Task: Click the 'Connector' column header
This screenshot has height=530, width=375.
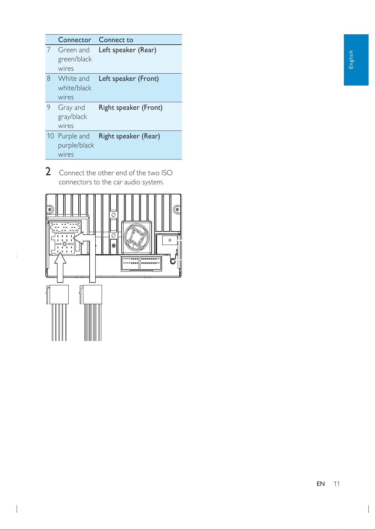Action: coord(75,40)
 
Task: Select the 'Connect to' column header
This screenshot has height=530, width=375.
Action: coord(116,40)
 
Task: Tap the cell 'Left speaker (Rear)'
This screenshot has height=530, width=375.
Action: coord(127,50)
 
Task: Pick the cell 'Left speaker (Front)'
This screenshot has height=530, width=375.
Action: coord(128,79)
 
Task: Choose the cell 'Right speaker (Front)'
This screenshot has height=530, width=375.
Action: coord(130,108)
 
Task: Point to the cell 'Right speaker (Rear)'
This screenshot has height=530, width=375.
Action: coord(129,136)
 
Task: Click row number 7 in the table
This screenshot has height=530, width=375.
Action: coord(49,50)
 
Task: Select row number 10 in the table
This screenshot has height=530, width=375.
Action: coord(50,136)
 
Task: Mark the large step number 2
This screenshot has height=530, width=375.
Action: coord(48,171)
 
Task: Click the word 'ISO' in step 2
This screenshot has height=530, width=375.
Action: coord(167,173)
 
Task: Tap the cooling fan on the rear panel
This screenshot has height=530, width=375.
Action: coord(137,237)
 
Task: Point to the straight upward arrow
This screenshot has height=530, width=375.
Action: coord(60,267)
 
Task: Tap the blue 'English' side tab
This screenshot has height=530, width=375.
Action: coord(356,60)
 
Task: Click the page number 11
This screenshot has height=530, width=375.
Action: coord(336,484)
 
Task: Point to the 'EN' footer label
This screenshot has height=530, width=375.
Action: coord(321,484)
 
